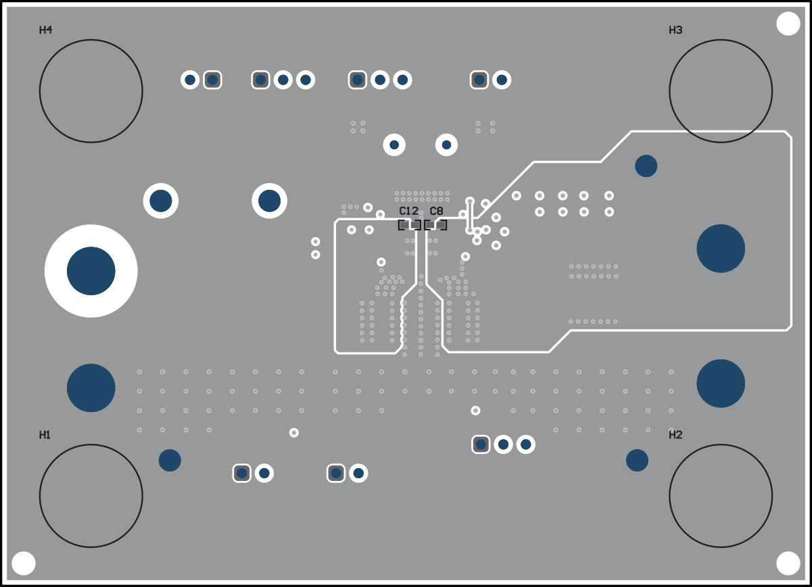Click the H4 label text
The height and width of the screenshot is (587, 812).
[x=46, y=30]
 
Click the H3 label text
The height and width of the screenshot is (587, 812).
[x=675, y=30]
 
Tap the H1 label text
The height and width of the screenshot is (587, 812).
[x=45, y=435]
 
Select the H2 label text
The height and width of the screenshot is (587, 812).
[x=675, y=435]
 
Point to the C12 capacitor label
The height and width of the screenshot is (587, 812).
[x=408, y=211]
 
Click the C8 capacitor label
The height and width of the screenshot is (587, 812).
[x=436, y=211]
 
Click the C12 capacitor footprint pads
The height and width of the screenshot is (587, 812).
[x=410, y=225]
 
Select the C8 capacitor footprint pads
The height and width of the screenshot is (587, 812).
[x=435, y=225]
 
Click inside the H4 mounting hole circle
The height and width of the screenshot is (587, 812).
[x=91, y=91]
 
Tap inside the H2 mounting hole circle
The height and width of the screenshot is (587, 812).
[x=721, y=496]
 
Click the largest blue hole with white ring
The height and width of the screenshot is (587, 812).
[x=91, y=271]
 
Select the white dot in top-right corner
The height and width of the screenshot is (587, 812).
[x=788, y=24]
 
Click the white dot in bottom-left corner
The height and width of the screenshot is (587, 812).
[x=24, y=563]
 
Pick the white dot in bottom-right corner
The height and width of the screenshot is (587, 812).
[x=788, y=563]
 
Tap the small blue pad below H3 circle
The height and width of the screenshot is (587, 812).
[x=646, y=166]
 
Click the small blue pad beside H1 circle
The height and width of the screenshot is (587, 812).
[x=170, y=460]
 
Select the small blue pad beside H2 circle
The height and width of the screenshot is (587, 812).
[x=637, y=460]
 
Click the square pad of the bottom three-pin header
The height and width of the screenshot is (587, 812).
[x=481, y=444]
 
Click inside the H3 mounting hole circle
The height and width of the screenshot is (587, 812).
[x=721, y=91]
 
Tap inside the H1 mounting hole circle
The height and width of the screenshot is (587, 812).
[x=91, y=496]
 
